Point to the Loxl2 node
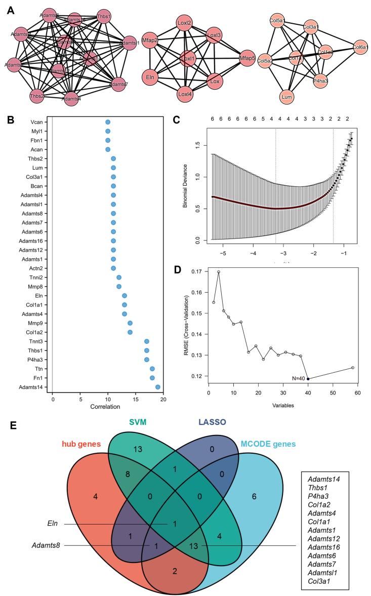click(x=184, y=23)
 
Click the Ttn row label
click(x=45, y=369)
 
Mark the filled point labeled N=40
click(x=308, y=379)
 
